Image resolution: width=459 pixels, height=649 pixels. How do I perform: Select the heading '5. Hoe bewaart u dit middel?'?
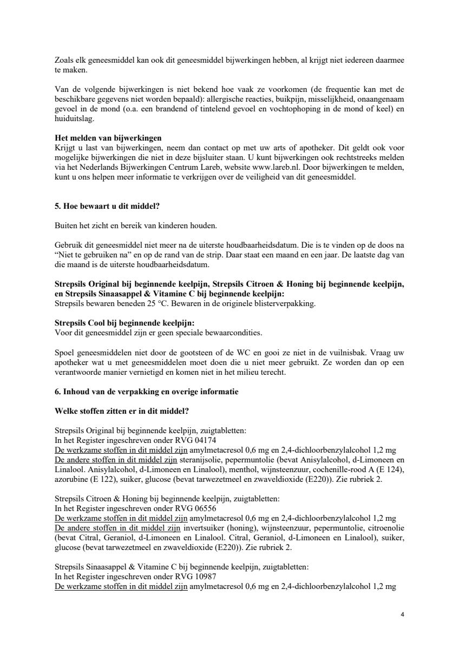108,206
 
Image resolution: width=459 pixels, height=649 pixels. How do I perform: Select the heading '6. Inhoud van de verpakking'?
146,392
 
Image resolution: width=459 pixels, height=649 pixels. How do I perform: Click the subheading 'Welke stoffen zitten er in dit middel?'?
122,411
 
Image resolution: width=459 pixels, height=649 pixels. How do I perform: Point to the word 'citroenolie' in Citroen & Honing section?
385,527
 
